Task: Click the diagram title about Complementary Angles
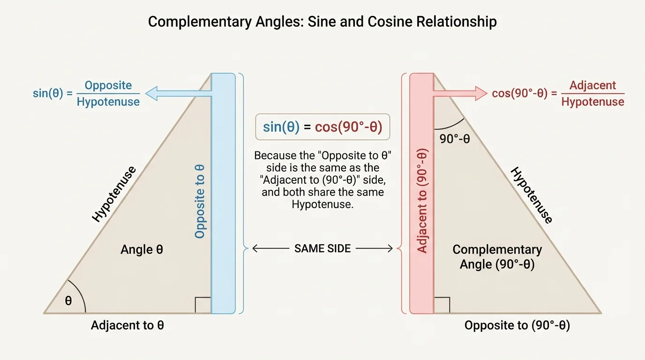pyautogui.click(x=322, y=22)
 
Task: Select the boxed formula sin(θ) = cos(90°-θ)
pyautogui.click(x=322, y=127)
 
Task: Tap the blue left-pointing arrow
pyautogui.click(x=178, y=94)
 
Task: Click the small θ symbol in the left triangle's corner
pyautogui.click(x=68, y=300)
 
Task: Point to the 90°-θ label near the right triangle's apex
pyautogui.click(x=455, y=139)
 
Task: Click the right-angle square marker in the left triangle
pyautogui.click(x=203, y=305)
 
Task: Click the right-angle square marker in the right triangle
pyautogui.click(x=442, y=305)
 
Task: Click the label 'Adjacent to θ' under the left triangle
pyautogui.click(x=127, y=325)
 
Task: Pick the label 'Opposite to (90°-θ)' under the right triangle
pyautogui.click(x=517, y=325)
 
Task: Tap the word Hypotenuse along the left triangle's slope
pyautogui.click(x=114, y=194)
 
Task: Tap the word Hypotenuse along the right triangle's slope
pyautogui.click(x=531, y=195)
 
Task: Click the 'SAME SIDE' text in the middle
pyautogui.click(x=322, y=248)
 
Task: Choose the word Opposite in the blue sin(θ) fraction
pyautogui.click(x=108, y=86)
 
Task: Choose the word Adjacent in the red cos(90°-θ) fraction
pyautogui.click(x=592, y=86)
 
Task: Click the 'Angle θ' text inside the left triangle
pyautogui.click(x=142, y=250)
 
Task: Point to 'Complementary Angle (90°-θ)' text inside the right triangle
pyautogui.click(x=497, y=257)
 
